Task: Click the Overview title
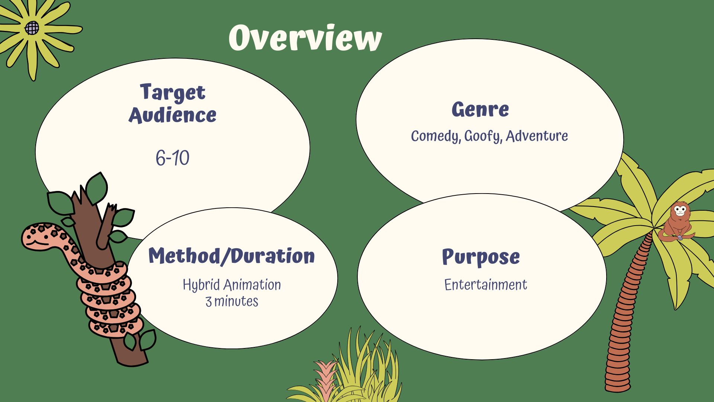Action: coord(305,37)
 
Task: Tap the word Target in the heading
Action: coord(173,92)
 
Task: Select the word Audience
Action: coord(173,115)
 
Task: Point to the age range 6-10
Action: coord(173,158)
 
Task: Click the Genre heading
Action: coord(480,109)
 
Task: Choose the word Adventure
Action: coord(537,136)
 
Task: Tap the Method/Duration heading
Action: coord(232,256)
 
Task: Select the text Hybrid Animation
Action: coord(232,285)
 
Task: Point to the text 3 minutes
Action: coord(232,301)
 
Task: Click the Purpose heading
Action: coord(481,257)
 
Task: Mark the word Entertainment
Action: coord(486,285)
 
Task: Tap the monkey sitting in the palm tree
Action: coord(677,222)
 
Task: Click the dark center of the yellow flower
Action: coord(32,28)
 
